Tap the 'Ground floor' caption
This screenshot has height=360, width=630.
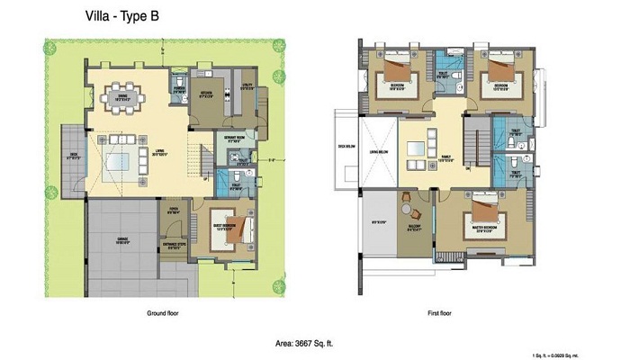(x=165, y=314)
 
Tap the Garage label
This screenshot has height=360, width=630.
(x=123, y=242)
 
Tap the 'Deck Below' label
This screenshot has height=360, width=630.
(x=343, y=146)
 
